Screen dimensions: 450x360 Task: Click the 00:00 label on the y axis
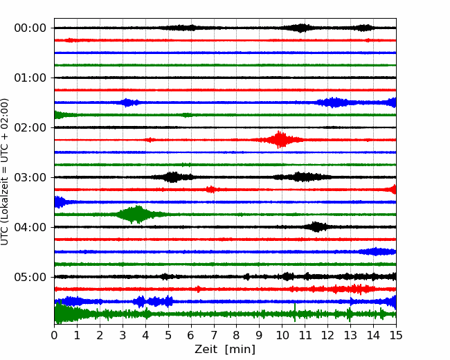pos(30,28)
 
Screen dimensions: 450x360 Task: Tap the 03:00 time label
pos(30,177)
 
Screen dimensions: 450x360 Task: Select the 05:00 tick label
pos(30,277)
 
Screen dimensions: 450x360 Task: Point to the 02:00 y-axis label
pos(30,127)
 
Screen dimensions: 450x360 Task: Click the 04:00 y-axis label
pos(30,227)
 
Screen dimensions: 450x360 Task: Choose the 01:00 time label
pos(30,78)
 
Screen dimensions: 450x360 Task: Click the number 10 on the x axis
pos(282,335)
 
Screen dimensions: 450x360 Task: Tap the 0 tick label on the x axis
pos(54,335)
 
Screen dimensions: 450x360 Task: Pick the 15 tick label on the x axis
pos(396,335)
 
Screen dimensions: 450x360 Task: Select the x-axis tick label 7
pos(214,335)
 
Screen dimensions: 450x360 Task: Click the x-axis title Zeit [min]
pos(225,350)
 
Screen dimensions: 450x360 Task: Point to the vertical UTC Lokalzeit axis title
pos(5,172)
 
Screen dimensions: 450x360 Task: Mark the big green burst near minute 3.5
pos(138,215)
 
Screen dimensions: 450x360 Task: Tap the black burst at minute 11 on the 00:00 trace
pos(301,28)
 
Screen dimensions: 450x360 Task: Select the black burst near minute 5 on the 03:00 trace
pos(172,177)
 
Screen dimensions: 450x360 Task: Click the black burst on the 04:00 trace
pos(316,227)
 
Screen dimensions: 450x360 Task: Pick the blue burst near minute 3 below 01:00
pos(127,102)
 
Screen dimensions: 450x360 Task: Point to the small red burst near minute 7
pos(211,190)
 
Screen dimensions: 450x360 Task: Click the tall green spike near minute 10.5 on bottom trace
pos(295,313)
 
